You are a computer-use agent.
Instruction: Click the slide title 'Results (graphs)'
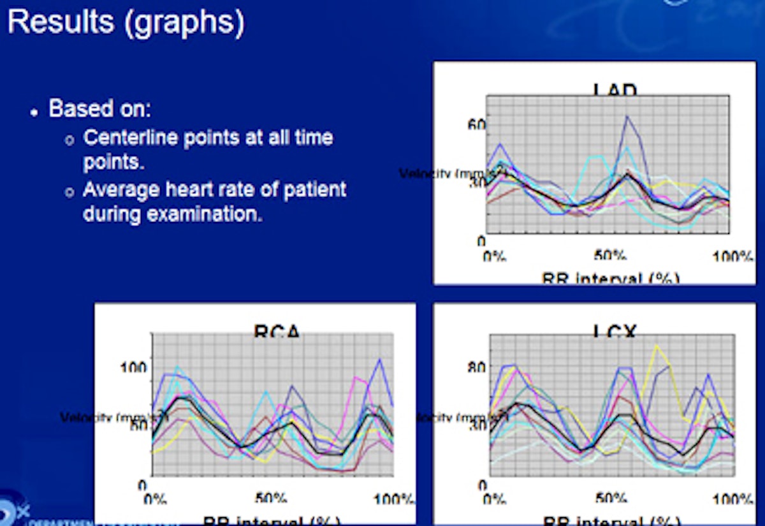click(126, 22)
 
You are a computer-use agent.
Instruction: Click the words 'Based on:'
click(99, 108)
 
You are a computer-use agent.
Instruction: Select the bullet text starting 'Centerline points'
click(208, 138)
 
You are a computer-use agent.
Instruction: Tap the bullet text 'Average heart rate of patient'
click(215, 190)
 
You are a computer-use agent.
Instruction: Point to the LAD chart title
click(615, 90)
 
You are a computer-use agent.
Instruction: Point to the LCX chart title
click(616, 331)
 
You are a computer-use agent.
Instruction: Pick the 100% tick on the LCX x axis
click(733, 498)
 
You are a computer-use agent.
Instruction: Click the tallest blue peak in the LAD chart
click(627, 116)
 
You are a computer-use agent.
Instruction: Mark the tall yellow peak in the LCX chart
click(655, 346)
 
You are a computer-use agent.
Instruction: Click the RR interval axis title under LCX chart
click(611, 520)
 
